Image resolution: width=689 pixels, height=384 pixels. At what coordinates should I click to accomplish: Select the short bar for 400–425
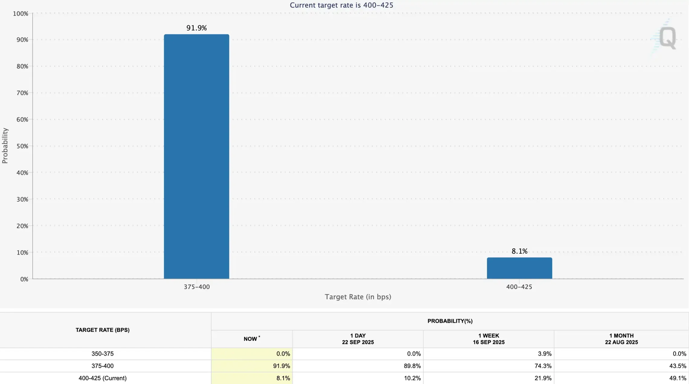point(519,268)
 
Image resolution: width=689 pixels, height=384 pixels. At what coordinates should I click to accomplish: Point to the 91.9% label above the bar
point(196,28)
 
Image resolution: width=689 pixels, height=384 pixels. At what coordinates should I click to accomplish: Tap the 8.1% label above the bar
point(519,251)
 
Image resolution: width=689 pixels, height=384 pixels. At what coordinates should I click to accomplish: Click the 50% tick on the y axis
point(22,146)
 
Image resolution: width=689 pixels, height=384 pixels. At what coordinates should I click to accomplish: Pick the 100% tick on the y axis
point(21,14)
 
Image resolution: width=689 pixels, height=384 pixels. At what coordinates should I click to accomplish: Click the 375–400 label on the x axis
point(197,287)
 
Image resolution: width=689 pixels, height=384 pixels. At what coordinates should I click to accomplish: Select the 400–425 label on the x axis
point(519,287)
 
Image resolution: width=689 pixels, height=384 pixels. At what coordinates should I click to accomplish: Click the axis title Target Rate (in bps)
point(358,297)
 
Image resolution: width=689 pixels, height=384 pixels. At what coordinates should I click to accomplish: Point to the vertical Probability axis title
point(5,146)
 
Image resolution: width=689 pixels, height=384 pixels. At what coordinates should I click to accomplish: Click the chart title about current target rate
point(341,5)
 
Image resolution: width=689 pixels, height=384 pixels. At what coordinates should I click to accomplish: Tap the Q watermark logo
point(667,38)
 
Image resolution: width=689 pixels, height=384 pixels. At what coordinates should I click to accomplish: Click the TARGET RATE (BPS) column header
point(102,330)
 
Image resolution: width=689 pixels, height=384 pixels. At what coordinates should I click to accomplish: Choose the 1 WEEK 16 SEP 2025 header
point(488,339)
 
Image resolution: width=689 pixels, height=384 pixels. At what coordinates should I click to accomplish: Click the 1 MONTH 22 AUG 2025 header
point(621,339)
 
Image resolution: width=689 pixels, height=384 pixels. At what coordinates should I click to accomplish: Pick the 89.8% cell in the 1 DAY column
point(412,366)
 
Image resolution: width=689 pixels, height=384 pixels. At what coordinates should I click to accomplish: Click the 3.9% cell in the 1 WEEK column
point(545,354)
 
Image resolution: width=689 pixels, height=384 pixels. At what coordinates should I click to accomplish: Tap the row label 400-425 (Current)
point(102,378)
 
